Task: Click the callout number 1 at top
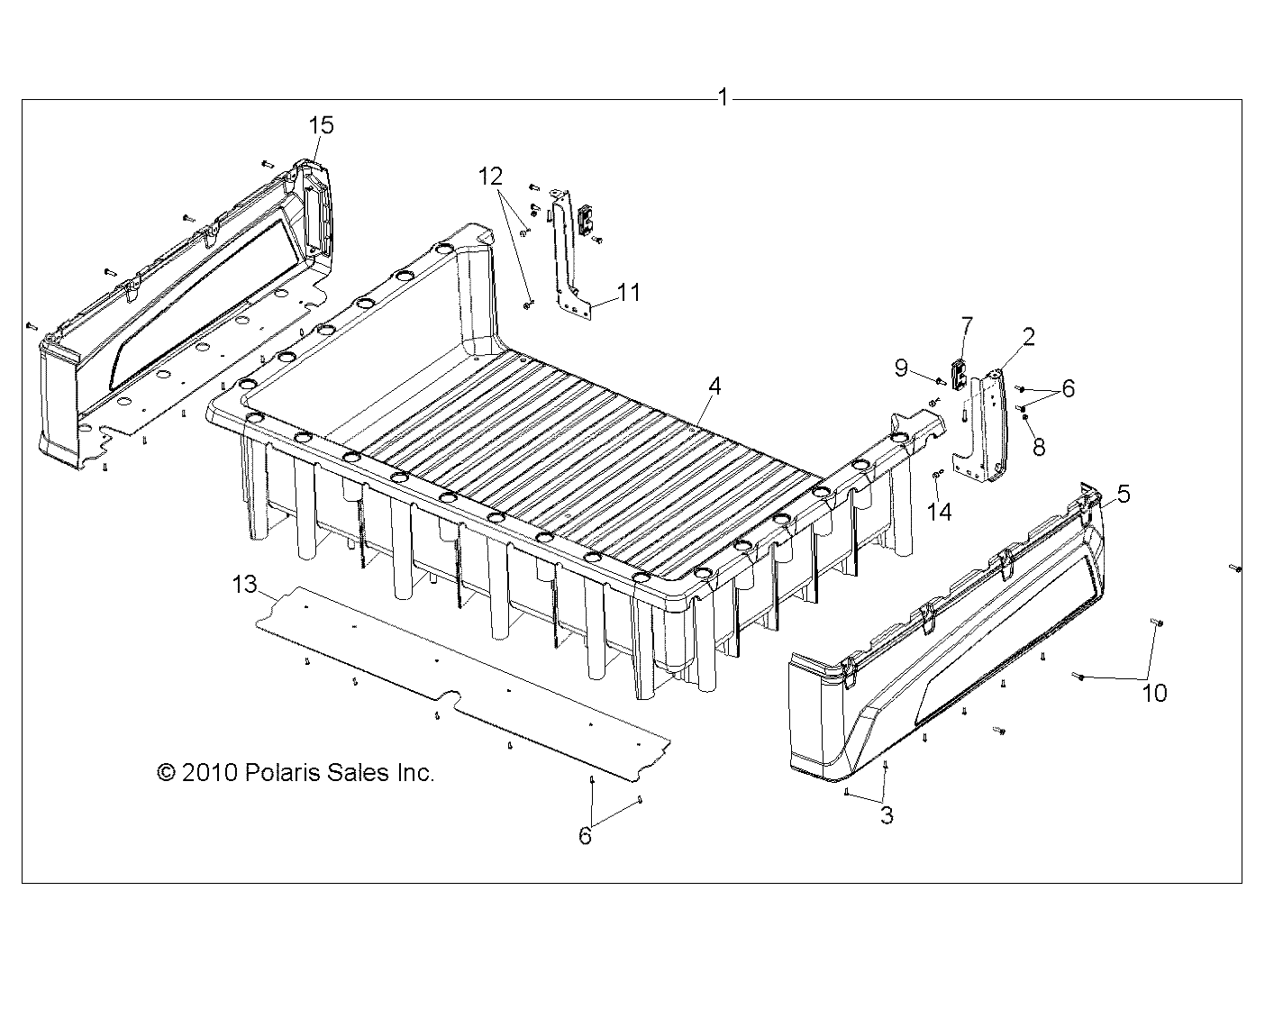coord(723,97)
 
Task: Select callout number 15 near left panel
coord(321,125)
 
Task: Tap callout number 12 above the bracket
coord(491,176)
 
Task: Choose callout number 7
coord(968,323)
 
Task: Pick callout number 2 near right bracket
coord(1028,337)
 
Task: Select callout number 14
coord(940,512)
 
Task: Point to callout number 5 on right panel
coord(1124,493)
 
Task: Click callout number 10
coord(1154,692)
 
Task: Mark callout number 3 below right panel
coord(887,816)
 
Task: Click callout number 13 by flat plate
coord(244,586)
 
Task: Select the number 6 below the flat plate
coord(585,837)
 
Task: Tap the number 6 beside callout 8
coord(1068,388)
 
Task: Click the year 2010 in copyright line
coord(208,772)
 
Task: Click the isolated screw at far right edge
coord(1235,568)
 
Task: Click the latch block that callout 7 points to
coord(960,371)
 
